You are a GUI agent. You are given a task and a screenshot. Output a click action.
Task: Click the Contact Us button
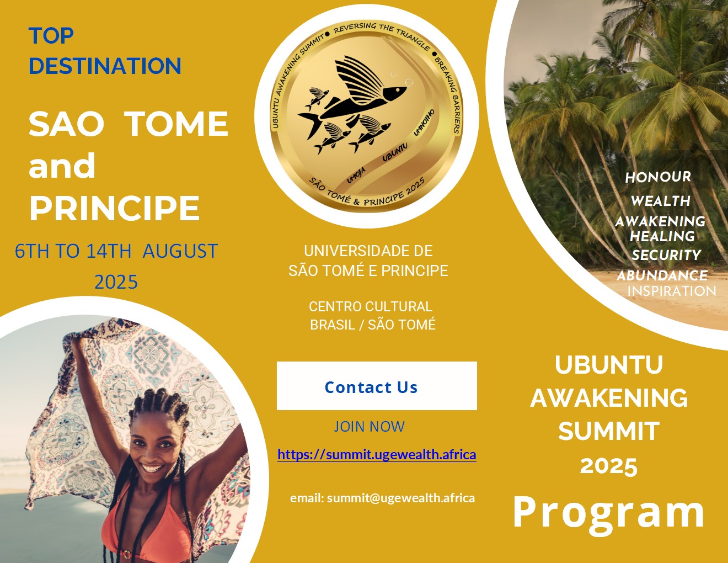tap(377, 386)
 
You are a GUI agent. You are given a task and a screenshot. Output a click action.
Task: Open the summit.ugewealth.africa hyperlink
tap(377, 454)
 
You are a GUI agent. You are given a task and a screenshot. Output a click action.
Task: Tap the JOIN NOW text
tap(369, 427)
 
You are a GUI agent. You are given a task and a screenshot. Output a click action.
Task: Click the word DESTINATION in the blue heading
tap(105, 65)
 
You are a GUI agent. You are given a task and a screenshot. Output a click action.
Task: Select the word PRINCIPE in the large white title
tap(115, 208)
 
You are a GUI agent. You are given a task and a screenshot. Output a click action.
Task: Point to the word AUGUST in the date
tap(180, 251)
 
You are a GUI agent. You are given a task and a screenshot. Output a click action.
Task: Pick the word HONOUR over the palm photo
tap(658, 177)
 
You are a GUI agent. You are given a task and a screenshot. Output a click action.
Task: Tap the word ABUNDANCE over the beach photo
tap(662, 275)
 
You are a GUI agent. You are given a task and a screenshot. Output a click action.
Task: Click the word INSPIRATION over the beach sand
tap(672, 291)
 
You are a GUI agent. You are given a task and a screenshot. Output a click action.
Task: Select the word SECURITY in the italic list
tap(666, 255)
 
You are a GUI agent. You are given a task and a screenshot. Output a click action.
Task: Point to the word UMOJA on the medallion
tap(356, 175)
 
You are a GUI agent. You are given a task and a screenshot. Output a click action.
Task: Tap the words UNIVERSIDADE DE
tap(368, 251)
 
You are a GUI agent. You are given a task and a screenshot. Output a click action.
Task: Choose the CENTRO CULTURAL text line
tap(371, 306)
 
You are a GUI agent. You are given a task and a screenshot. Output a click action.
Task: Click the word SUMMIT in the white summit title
tap(609, 431)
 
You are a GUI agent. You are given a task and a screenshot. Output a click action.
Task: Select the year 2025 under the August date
tap(116, 281)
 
